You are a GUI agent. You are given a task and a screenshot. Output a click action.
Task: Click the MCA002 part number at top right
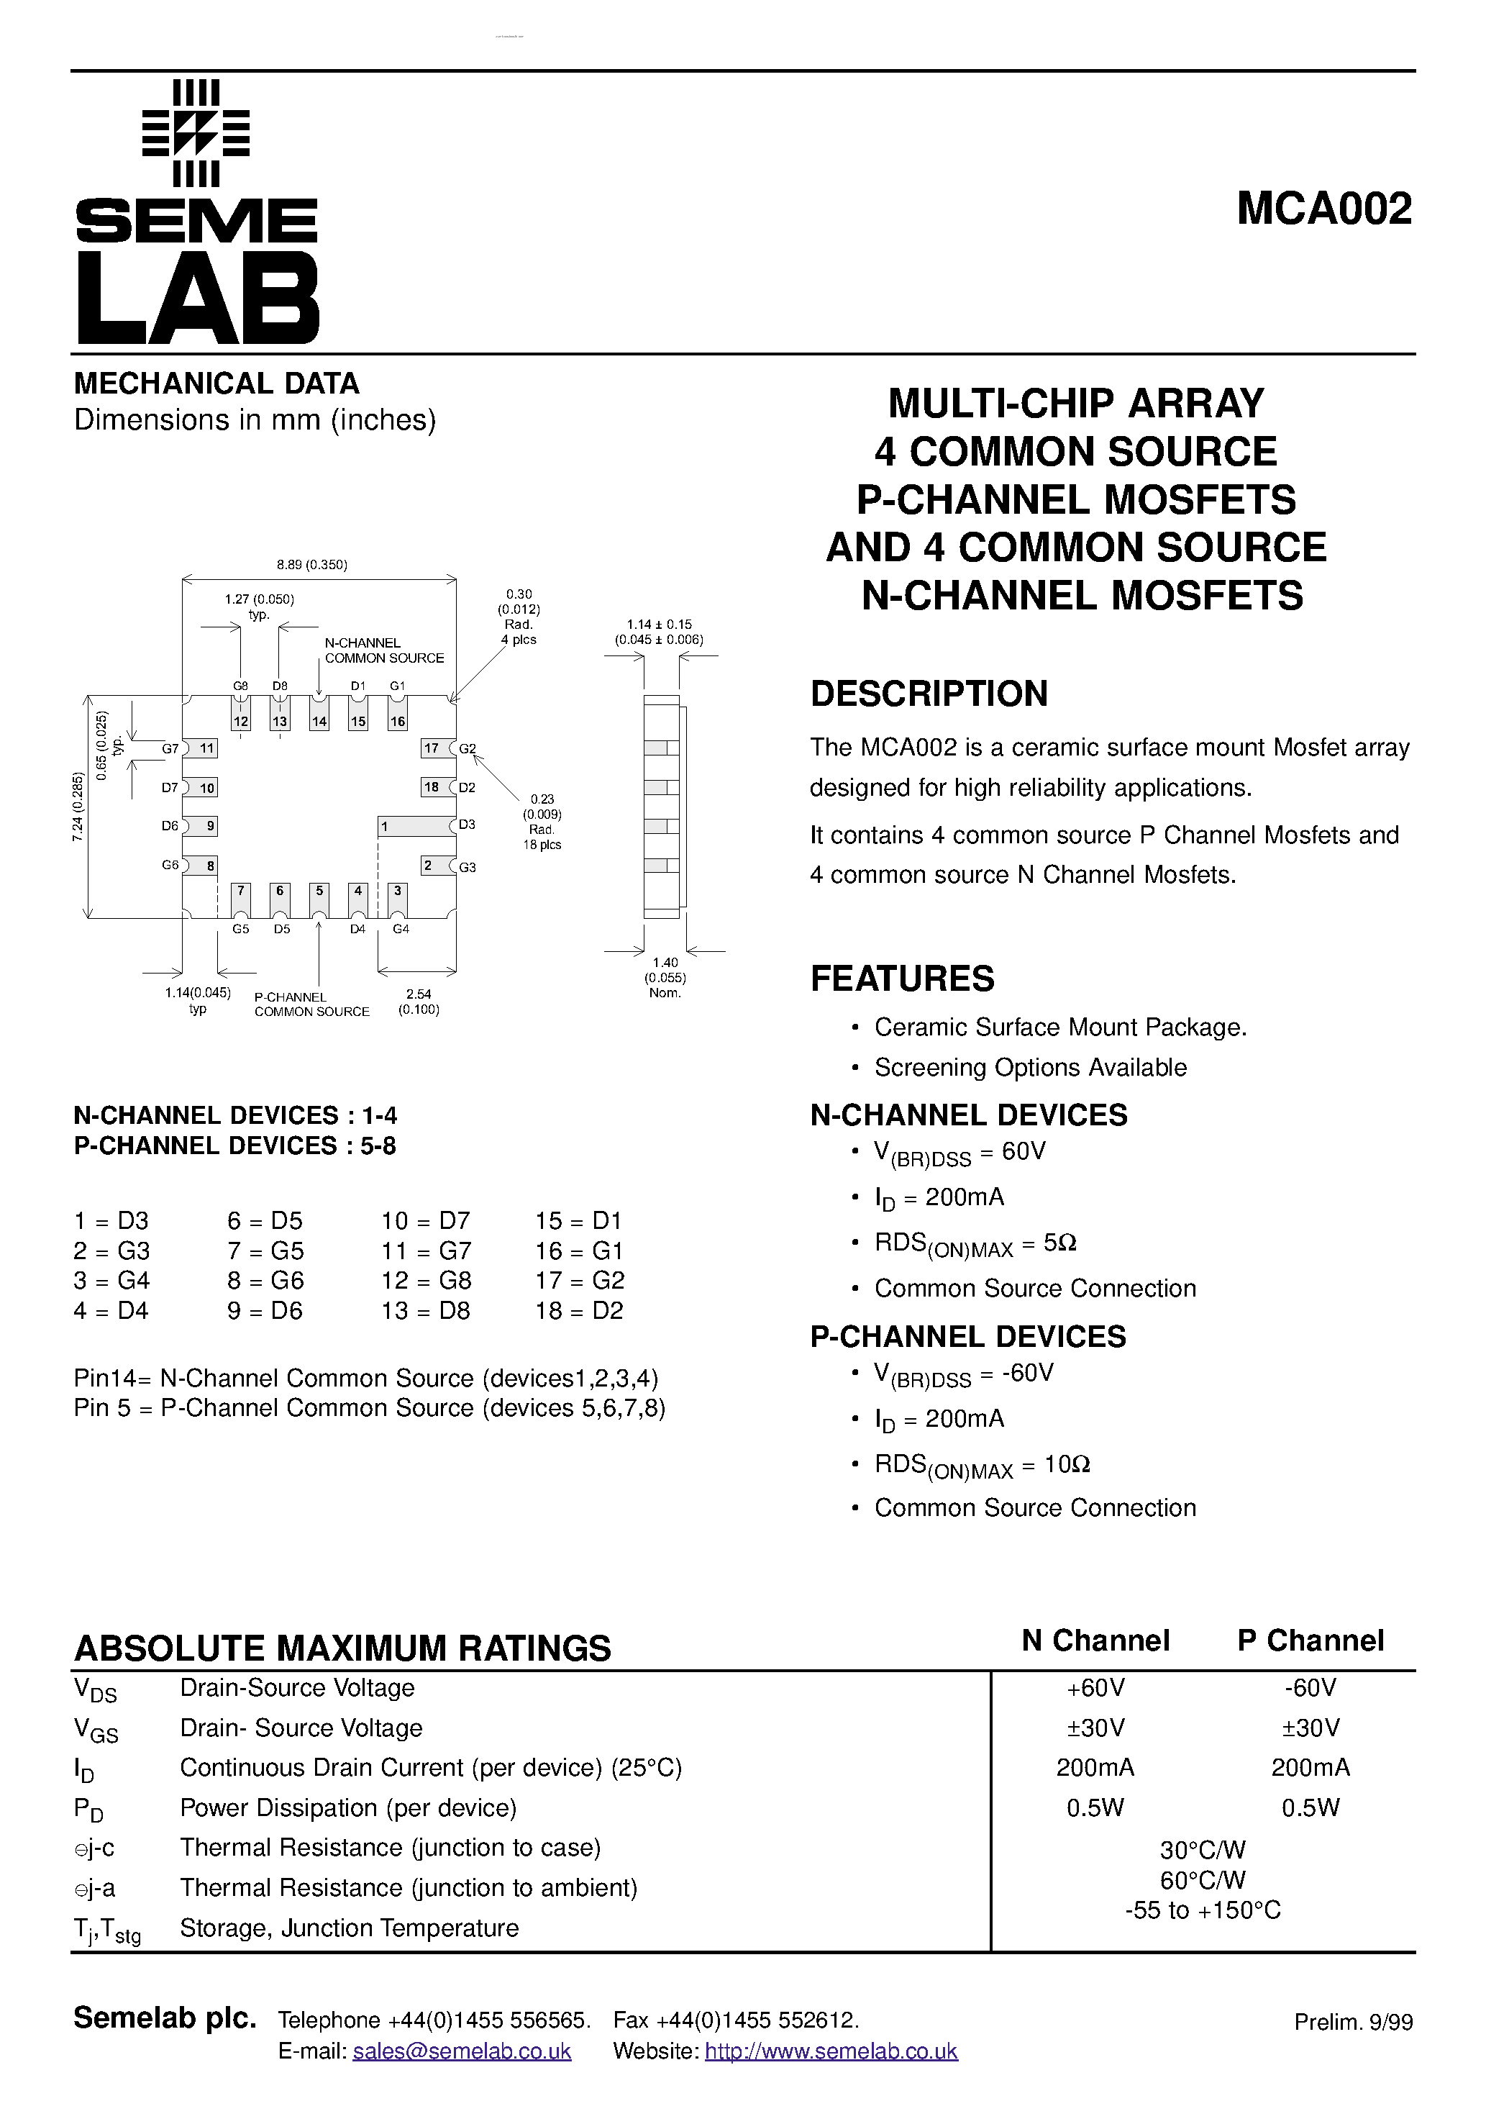pos(1323,209)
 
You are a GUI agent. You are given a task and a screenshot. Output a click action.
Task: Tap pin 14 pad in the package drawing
pos(319,721)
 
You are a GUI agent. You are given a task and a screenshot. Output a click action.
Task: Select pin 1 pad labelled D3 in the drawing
pos(416,826)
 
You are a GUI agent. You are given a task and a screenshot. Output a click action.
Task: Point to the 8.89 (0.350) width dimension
pos(312,565)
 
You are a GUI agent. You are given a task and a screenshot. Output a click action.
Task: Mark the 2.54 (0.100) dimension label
pos(418,1001)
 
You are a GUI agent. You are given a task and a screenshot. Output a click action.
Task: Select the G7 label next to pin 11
pos(170,748)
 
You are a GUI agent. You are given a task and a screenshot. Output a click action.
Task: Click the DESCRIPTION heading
pos(929,694)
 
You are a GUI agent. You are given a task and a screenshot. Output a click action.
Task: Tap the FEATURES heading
pos(902,979)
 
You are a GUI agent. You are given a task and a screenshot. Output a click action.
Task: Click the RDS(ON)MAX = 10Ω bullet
pos(982,1465)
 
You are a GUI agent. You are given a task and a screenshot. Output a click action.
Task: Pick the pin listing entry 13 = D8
pos(426,1310)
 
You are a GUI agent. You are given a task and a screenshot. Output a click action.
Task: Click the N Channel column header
pos(1095,1641)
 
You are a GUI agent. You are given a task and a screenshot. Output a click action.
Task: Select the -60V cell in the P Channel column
pos(1310,1687)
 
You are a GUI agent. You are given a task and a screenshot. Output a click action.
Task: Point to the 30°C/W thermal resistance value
pos(1203,1849)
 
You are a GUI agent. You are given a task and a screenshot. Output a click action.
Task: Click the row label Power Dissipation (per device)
pos(347,1808)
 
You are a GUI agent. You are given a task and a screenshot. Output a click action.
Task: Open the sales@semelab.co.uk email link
pos(461,2051)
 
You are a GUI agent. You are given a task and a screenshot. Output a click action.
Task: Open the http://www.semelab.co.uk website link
pos(831,2051)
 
